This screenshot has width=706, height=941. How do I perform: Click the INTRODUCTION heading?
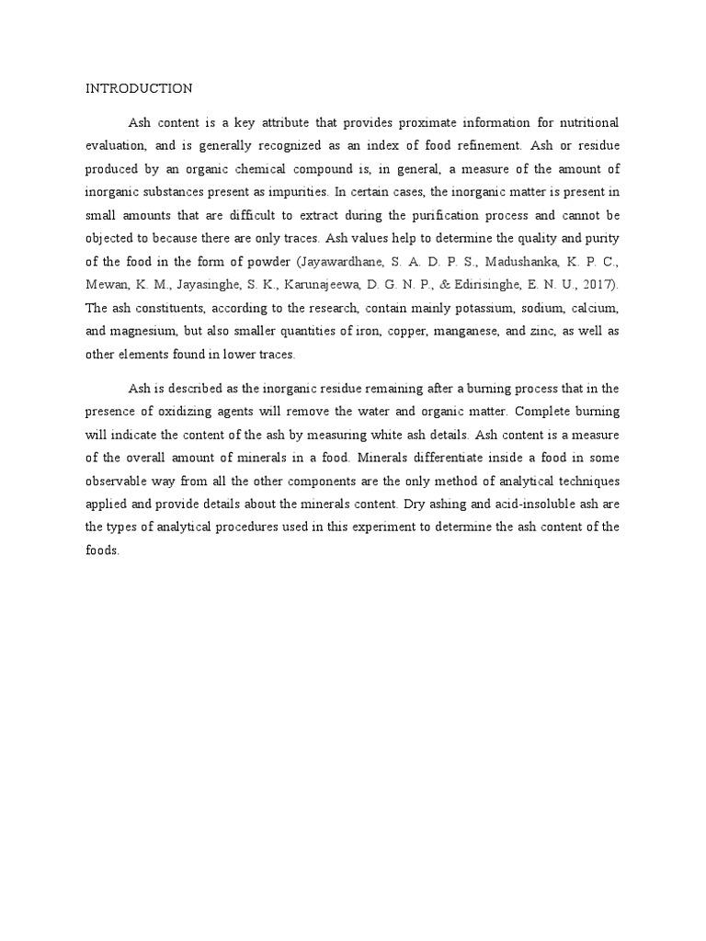139,88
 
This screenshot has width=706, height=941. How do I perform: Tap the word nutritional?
586,122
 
